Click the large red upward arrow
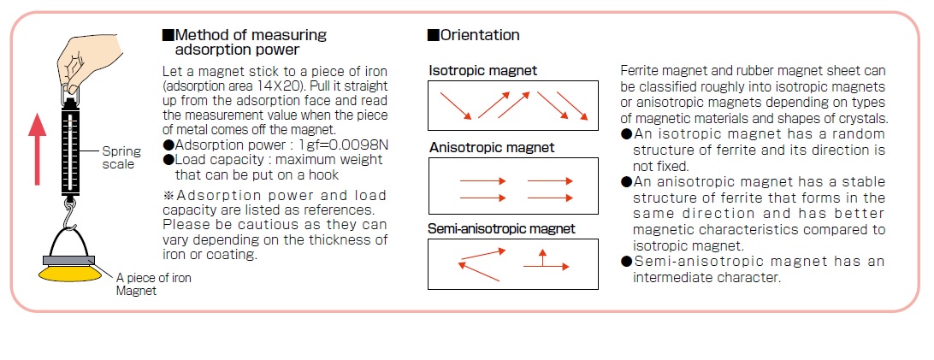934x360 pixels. pyautogui.click(x=38, y=149)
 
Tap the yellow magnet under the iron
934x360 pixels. pyautogui.click(x=69, y=273)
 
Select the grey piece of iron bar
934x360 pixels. pyautogui.click(x=69, y=260)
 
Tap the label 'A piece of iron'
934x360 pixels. pyautogui.click(x=154, y=278)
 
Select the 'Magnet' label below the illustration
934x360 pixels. pyautogui.click(x=136, y=291)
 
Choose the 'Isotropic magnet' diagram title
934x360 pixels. pyautogui.click(x=483, y=71)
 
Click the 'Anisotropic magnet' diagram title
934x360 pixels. pyautogui.click(x=492, y=147)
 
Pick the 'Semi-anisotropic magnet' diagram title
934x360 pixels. pyautogui.click(x=501, y=228)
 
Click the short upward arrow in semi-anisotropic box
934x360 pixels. pyautogui.click(x=542, y=257)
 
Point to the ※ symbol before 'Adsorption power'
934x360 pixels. pyautogui.click(x=168, y=195)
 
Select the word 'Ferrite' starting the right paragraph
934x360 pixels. pyautogui.click(x=638, y=71)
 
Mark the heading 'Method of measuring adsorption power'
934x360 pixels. pyautogui.click(x=245, y=42)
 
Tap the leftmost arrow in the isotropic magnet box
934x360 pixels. pyautogui.click(x=456, y=105)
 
